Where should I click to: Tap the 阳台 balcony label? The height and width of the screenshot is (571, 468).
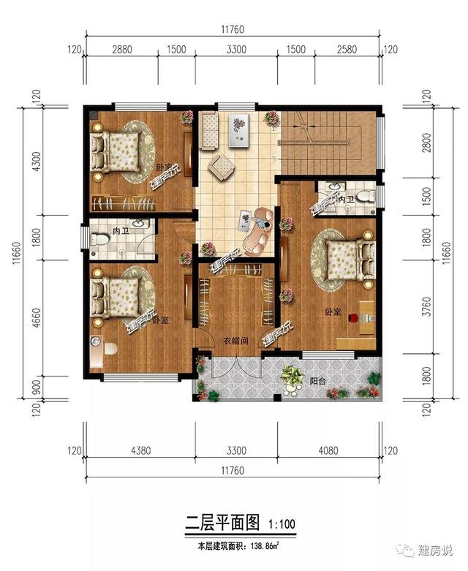[x=317, y=381]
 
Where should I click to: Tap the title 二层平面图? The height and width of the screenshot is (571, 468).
[x=222, y=523]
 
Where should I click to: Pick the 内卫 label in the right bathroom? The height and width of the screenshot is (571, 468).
[x=346, y=197]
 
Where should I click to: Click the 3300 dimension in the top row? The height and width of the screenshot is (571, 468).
[x=236, y=49]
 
